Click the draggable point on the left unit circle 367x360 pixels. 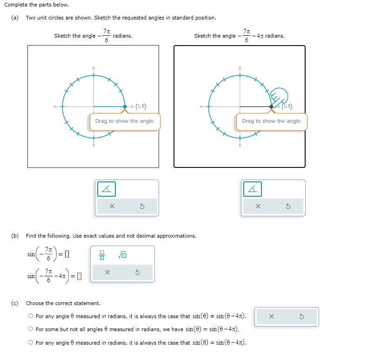(x=125, y=107)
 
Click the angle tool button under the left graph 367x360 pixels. (x=107, y=189)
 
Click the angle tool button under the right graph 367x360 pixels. (x=253, y=189)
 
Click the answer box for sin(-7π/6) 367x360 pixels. (x=67, y=254)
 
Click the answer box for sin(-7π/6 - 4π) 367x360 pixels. (x=79, y=276)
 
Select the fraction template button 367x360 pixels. (x=102, y=254)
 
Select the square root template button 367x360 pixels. (x=123, y=254)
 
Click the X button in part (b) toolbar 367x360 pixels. (x=107, y=273)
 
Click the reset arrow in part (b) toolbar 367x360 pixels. (x=138, y=273)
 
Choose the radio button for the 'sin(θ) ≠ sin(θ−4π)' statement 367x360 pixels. (x=30, y=316)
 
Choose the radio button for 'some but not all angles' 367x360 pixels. (x=30, y=329)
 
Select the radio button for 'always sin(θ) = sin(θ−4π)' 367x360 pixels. (x=30, y=343)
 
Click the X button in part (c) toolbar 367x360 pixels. (x=272, y=317)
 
